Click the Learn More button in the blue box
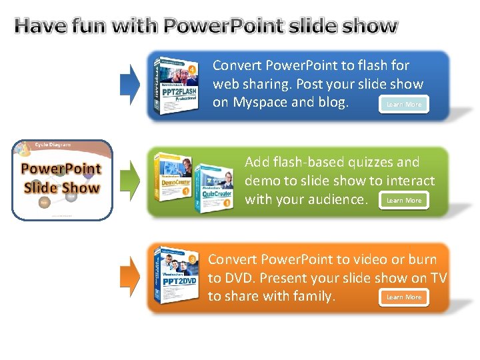click(404, 104)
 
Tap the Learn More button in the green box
click(404, 200)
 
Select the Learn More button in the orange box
click(404, 297)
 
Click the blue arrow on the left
click(129, 83)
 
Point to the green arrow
click(129, 176)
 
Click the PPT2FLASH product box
click(175, 85)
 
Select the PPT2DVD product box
click(175, 275)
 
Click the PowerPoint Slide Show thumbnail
click(61, 179)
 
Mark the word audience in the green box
click(334, 199)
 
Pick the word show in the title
click(370, 26)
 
